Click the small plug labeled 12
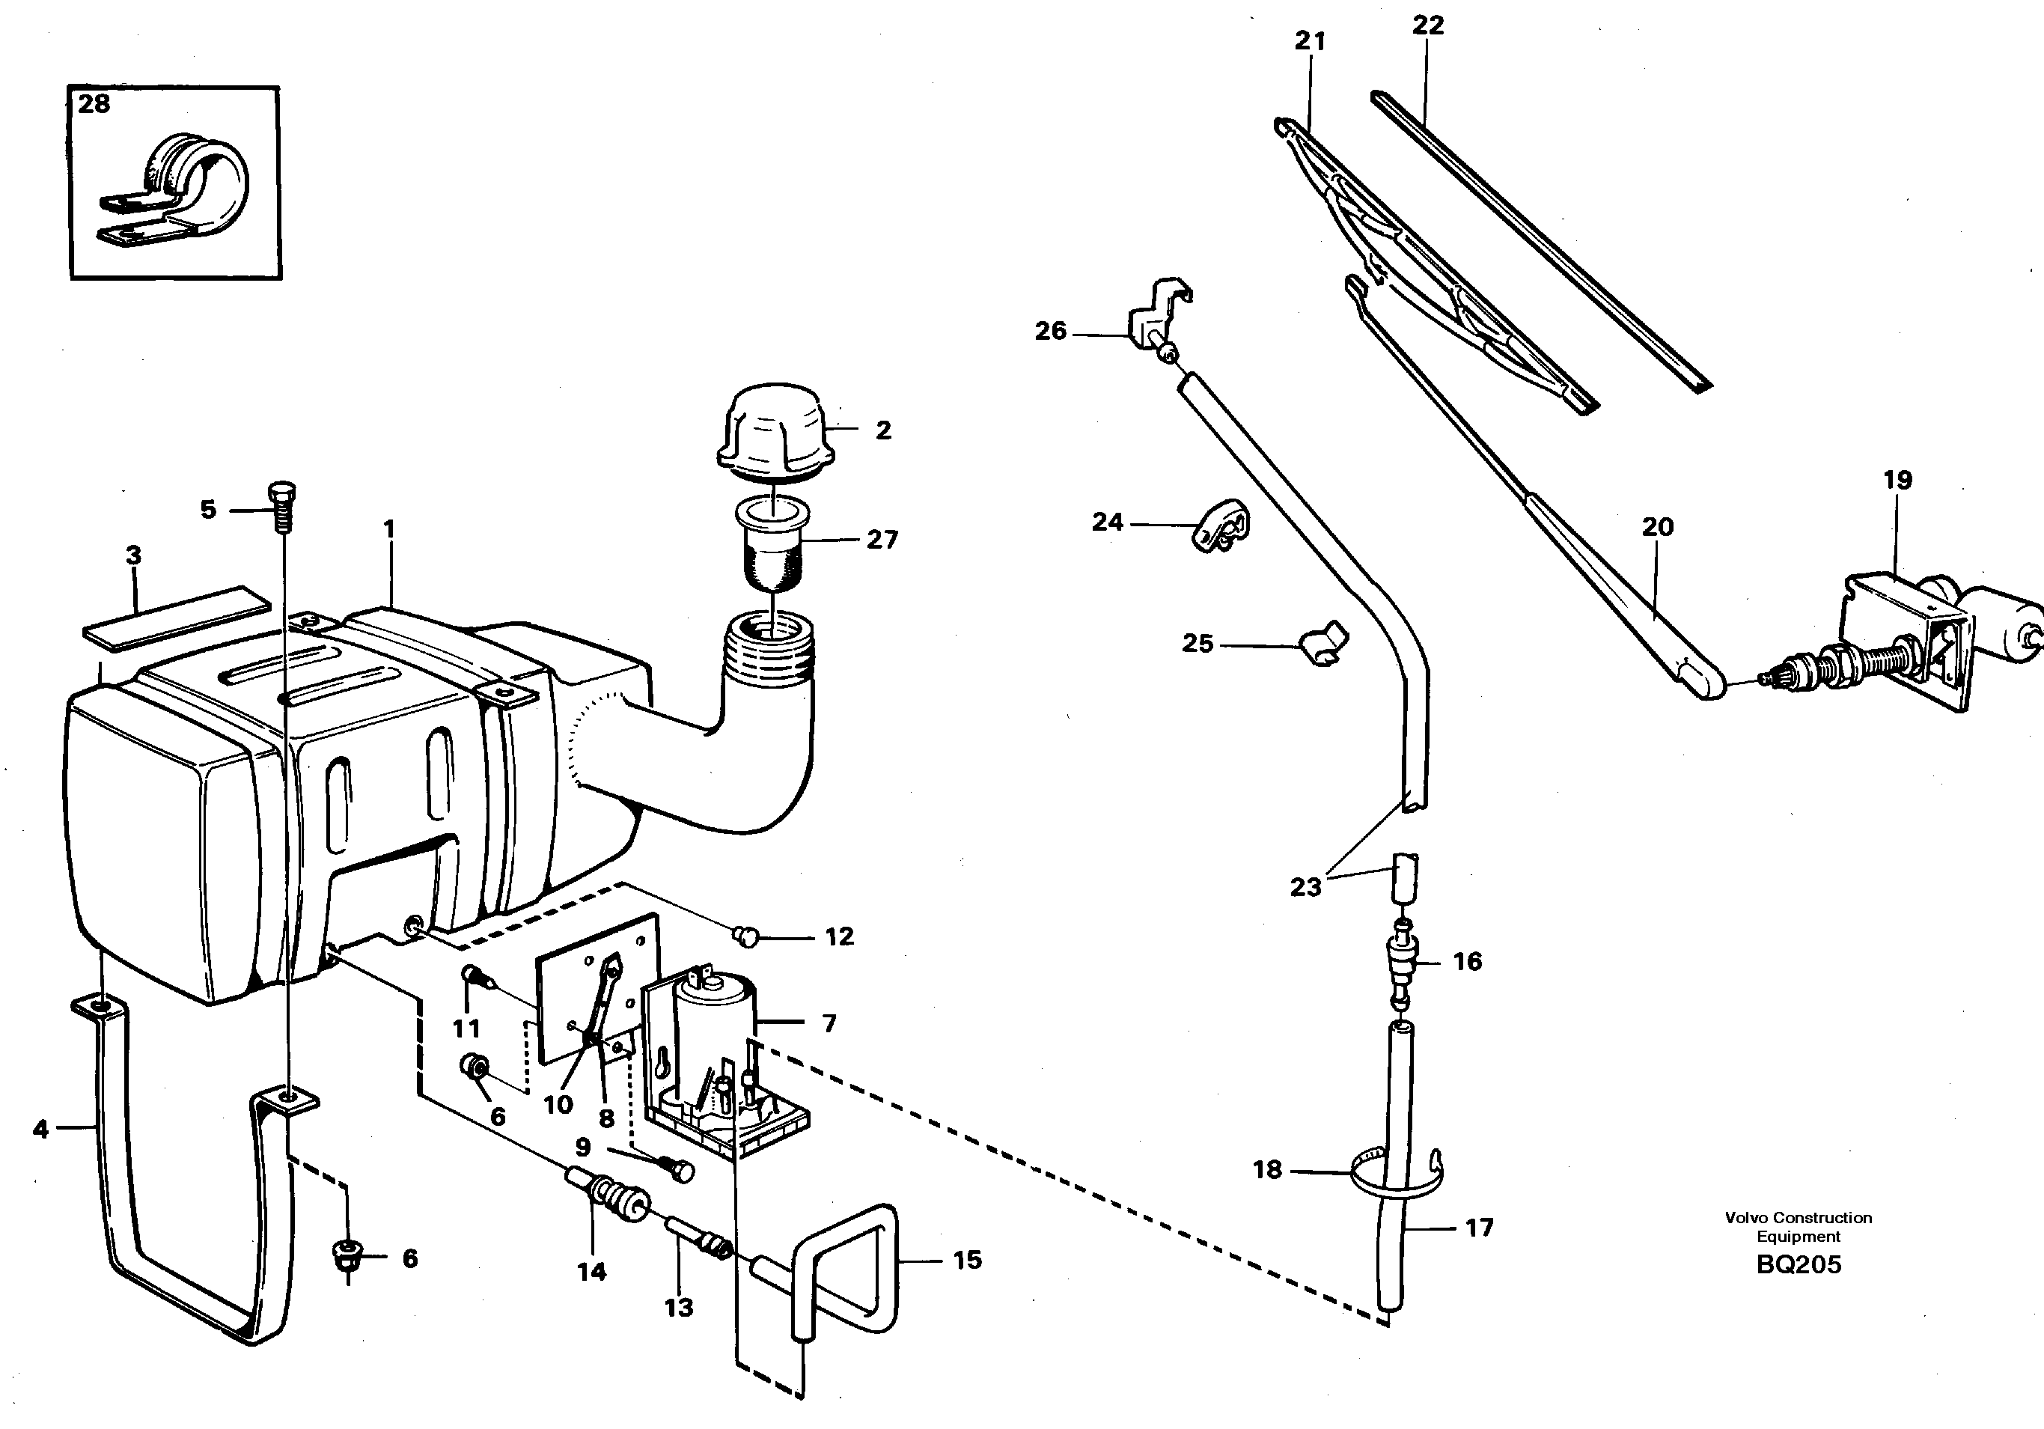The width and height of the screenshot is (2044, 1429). pyautogui.click(x=746, y=935)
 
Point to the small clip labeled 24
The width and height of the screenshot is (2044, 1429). pyautogui.click(x=1221, y=527)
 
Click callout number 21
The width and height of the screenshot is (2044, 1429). pyautogui.click(x=1310, y=41)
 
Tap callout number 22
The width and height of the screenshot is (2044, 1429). pyautogui.click(x=1428, y=25)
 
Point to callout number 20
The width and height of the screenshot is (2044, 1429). pyautogui.click(x=1658, y=526)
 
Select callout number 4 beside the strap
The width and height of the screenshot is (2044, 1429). pyautogui.click(x=40, y=1129)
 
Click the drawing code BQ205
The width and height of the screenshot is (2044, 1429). pyautogui.click(x=1799, y=1264)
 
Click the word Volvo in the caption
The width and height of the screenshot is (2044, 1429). pyautogui.click(x=1746, y=1217)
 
